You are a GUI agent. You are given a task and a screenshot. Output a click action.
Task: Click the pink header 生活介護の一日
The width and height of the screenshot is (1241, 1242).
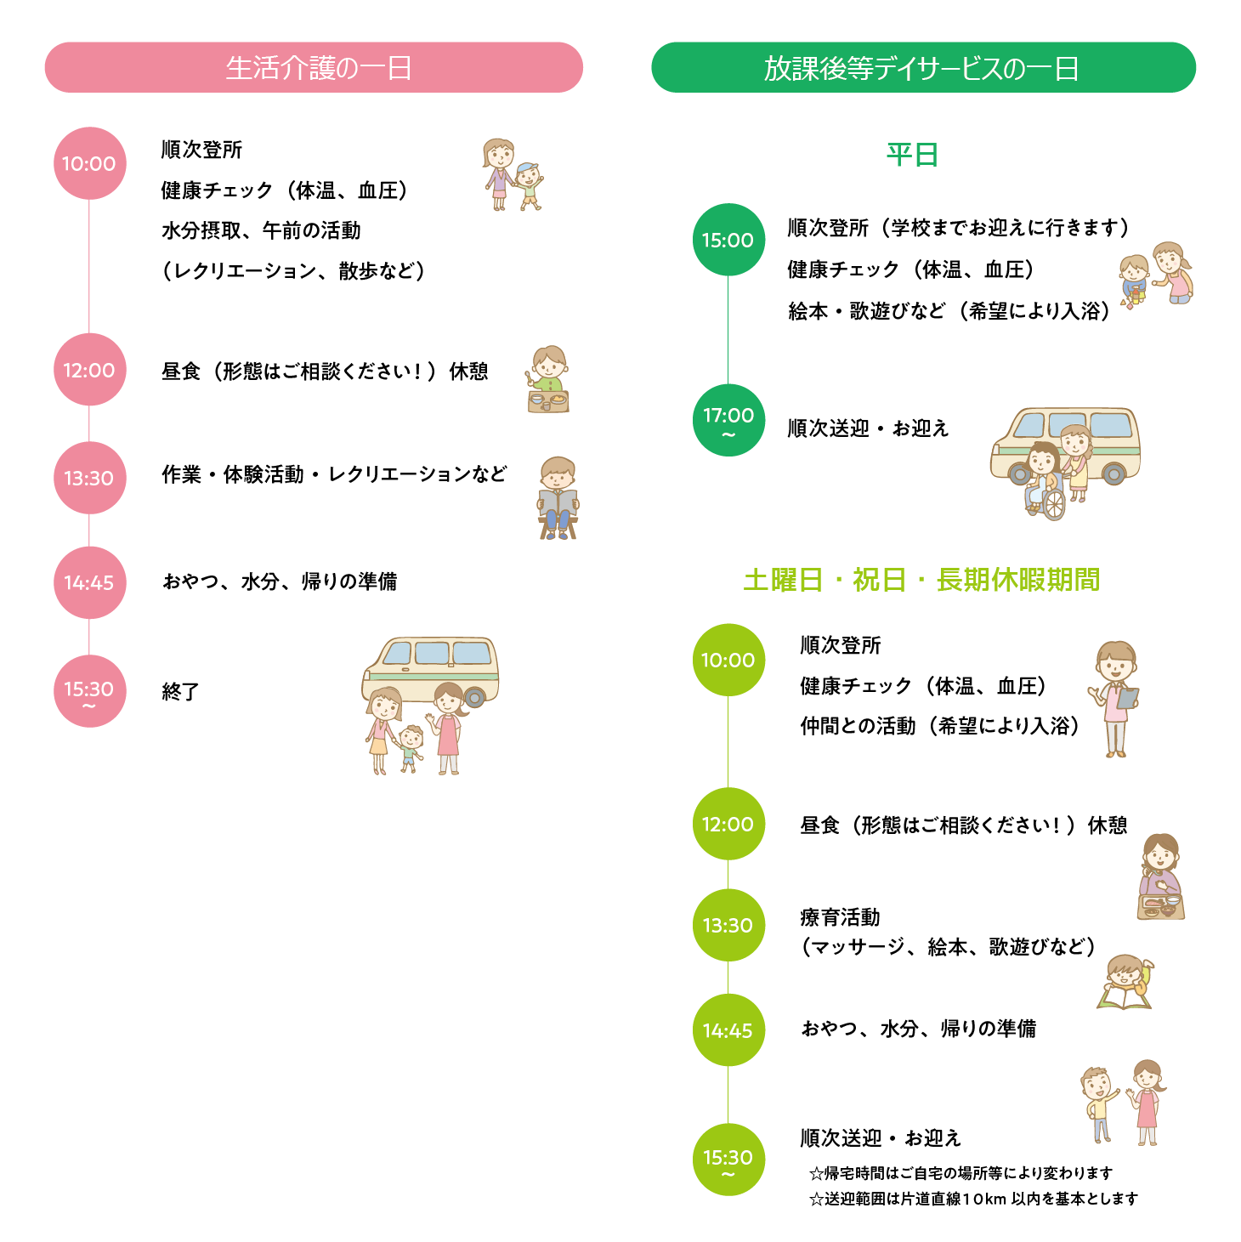pyautogui.click(x=314, y=67)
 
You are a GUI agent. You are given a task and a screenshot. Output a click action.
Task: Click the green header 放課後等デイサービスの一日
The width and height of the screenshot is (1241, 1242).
pyautogui.click(x=923, y=67)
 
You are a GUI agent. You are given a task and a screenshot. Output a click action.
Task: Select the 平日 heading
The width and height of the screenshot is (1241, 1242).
pyautogui.click(x=912, y=155)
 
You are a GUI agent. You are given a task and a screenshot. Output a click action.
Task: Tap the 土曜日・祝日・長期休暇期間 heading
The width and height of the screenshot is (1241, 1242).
pyautogui.click(x=921, y=580)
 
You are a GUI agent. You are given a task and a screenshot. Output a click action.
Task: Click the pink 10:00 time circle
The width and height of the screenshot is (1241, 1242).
pyautogui.click(x=89, y=163)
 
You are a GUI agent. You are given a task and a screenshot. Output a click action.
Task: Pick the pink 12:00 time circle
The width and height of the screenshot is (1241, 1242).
pyautogui.click(x=89, y=370)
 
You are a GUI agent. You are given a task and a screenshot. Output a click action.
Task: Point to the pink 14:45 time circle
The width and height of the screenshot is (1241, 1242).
pyautogui.click(x=89, y=582)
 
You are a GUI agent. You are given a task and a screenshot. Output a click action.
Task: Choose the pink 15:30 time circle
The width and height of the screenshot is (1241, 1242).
pyautogui.click(x=89, y=690)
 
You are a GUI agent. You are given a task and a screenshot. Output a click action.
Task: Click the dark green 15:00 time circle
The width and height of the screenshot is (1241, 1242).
pyautogui.click(x=728, y=240)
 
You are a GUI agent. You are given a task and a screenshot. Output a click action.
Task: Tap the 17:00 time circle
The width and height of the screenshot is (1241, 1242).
pyautogui.click(x=728, y=419)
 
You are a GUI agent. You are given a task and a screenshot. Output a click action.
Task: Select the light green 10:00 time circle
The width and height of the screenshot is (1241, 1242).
pyautogui.click(x=728, y=660)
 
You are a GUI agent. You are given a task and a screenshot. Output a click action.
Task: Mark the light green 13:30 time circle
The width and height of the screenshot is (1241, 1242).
pyautogui.click(x=728, y=925)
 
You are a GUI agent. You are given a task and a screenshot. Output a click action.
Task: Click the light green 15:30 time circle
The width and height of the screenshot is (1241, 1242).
pyautogui.click(x=728, y=1159)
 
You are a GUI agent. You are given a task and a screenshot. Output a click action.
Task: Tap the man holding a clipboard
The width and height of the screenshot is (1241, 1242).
pyautogui.click(x=1115, y=697)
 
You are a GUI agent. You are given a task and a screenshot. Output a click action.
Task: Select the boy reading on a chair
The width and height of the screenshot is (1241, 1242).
pyautogui.click(x=558, y=498)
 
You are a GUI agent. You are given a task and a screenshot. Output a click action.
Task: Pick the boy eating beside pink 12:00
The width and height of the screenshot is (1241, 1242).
pyautogui.click(x=548, y=378)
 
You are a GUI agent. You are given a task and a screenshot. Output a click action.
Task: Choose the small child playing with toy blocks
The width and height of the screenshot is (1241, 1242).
pyautogui.click(x=1133, y=281)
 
